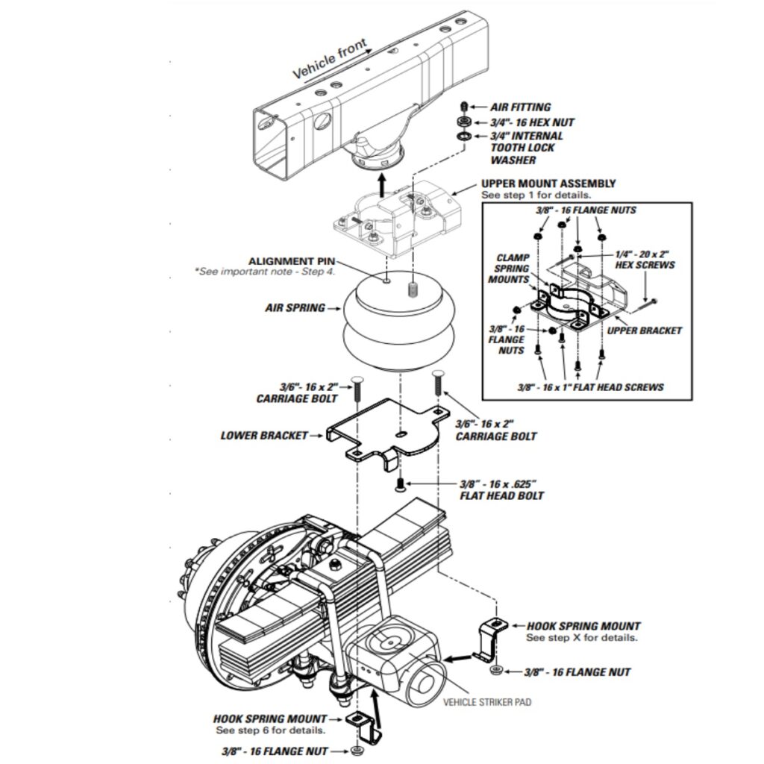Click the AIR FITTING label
520,107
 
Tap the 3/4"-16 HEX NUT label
532,122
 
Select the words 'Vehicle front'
330,58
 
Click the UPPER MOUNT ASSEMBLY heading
548,184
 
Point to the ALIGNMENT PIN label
292,261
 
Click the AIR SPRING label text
295,308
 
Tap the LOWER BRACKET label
264,435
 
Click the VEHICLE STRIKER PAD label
486,702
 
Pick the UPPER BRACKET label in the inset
644,331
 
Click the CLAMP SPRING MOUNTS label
509,269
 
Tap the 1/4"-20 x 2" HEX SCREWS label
645,260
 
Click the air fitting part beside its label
464,106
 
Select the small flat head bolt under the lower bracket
400,485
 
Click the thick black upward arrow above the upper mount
383,185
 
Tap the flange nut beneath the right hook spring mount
495,671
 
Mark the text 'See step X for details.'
582,637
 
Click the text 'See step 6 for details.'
271,730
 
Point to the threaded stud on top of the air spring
413,291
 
